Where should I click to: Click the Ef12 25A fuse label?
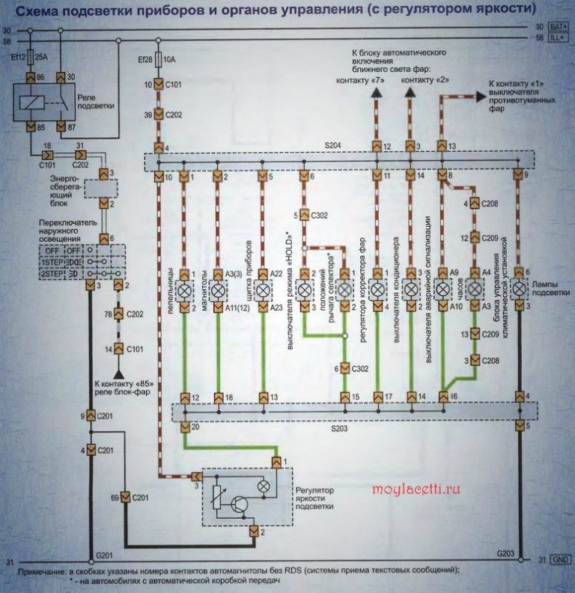25,56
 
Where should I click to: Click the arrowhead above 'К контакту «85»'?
118,372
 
